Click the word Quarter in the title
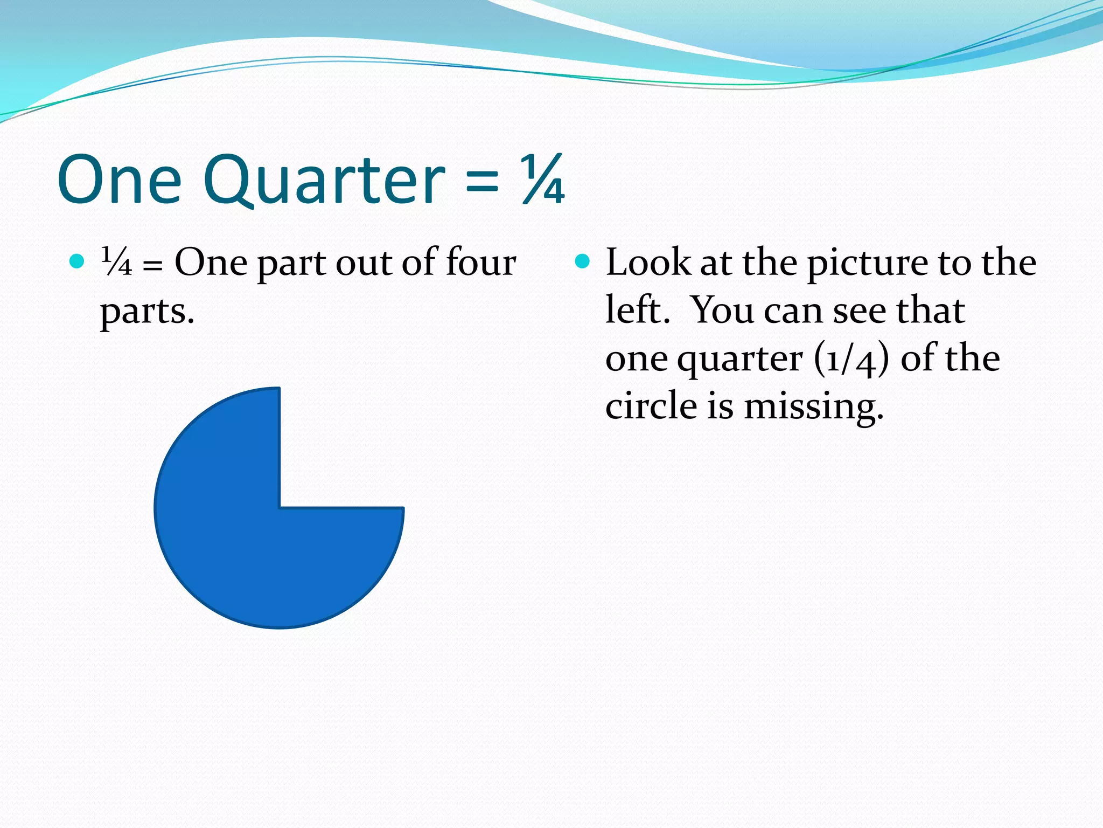coord(325,181)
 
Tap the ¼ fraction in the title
coord(543,180)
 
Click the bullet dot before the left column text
coord(77,262)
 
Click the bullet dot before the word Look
coord(583,262)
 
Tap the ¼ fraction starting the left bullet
coord(116,263)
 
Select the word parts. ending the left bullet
coord(147,312)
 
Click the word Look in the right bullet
coord(648,263)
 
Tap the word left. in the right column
coord(638,310)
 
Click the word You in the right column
coord(722,310)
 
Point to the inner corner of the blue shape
coord(280,507)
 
